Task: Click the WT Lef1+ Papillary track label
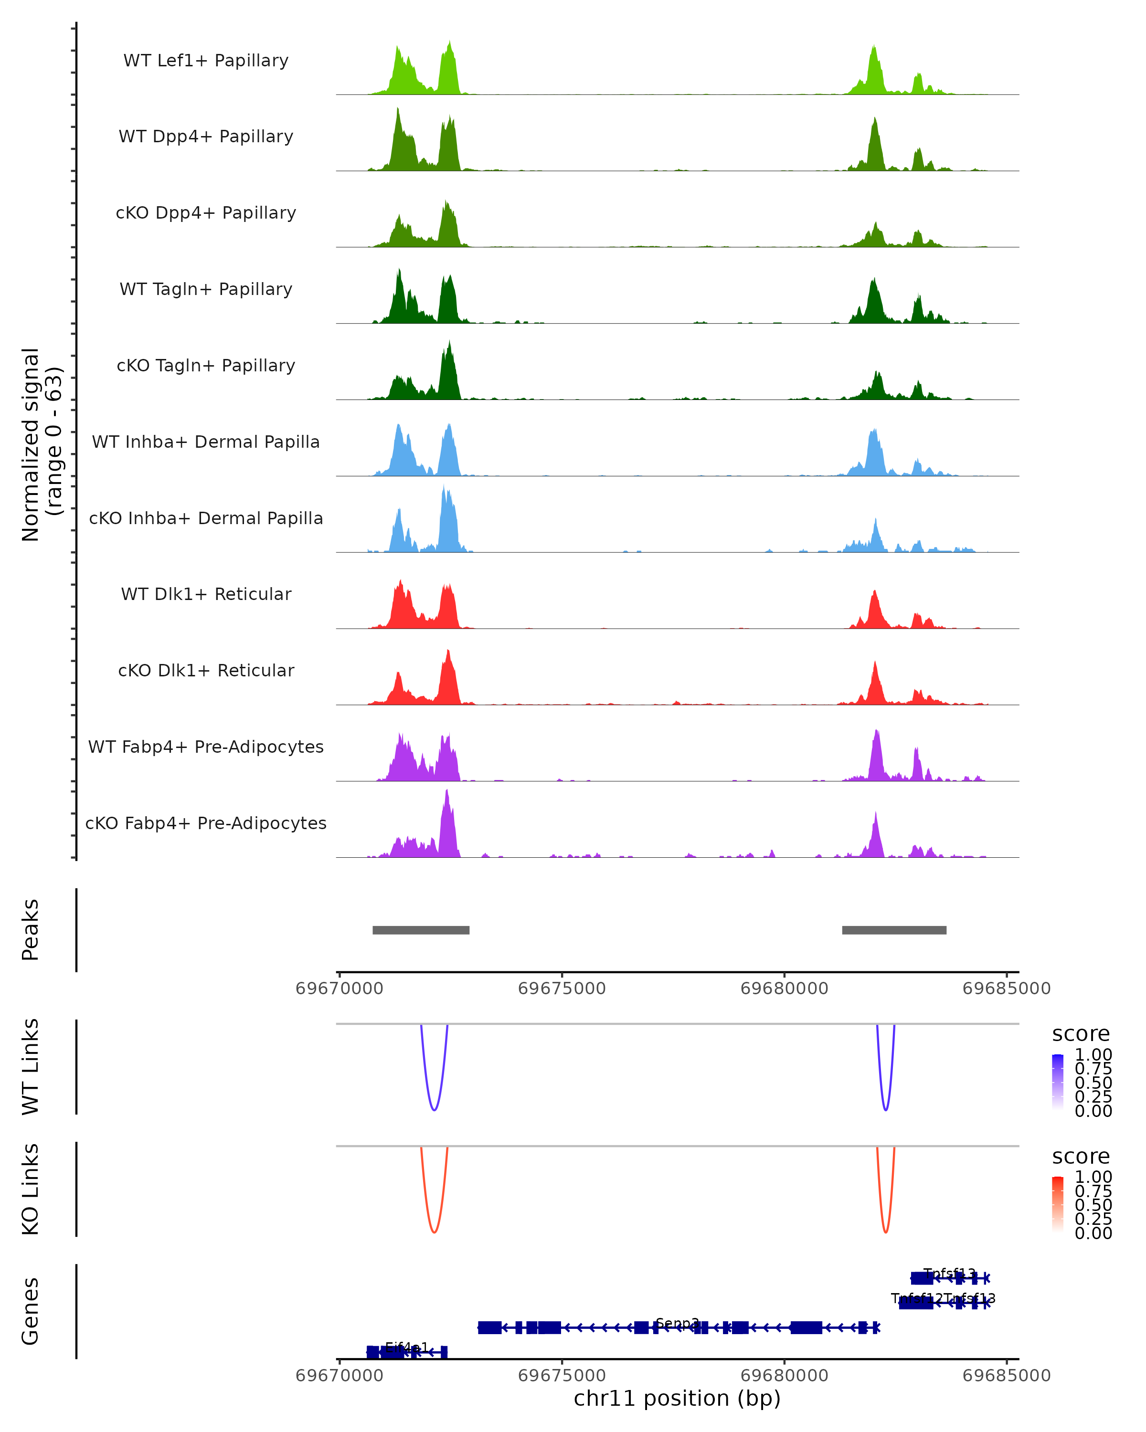click(206, 61)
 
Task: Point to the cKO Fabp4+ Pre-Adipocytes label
click(206, 823)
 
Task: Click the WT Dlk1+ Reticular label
click(206, 594)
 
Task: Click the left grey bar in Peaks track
click(421, 930)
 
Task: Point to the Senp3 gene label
click(677, 1324)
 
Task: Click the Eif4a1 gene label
click(406, 1348)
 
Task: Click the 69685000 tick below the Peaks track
click(1007, 989)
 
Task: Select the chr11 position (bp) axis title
click(677, 1399)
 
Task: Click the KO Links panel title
click(30, 1189)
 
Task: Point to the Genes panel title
click(30, 1311)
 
